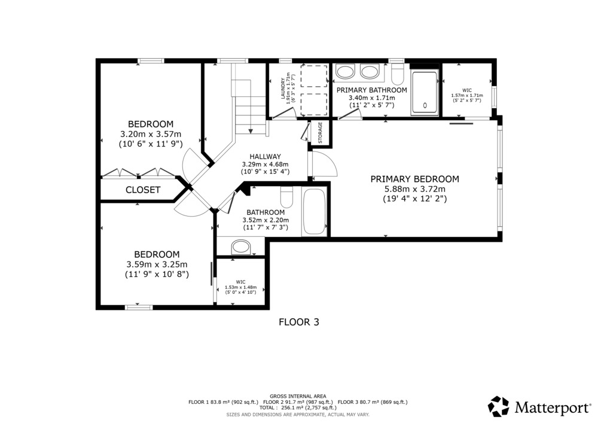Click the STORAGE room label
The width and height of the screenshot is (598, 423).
tap(320, 132)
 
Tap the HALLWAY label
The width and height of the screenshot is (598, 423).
tap(265, 156)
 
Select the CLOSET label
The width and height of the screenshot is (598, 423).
tap(143, 190)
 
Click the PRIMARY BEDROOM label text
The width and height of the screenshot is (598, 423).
tap(415, 179)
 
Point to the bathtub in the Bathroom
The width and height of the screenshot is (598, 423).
tap(315, 211)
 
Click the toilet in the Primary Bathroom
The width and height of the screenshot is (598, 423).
tap(398, 74)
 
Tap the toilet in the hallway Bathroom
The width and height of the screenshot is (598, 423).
tap(286, 197)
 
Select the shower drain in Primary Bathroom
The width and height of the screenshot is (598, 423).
tap(425, 106)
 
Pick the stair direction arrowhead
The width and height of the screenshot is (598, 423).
tap(251, 131)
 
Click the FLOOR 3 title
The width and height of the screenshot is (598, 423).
tap(299, 322)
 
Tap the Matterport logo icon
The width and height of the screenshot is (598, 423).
tap(499, 407)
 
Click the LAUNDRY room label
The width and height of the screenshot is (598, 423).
tap(283, 89)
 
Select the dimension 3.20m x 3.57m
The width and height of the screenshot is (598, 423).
tap(151, 134)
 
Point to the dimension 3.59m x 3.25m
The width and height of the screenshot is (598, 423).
tap(157, 264)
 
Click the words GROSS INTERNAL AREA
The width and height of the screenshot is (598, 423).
tap(298, 396)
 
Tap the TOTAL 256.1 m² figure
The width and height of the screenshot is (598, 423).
tap(298, 407)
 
